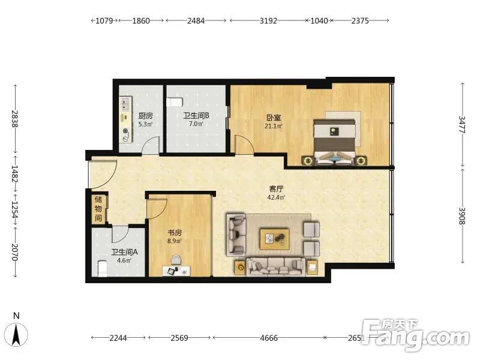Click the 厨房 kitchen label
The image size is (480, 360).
point(145,116)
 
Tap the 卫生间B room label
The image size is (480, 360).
point(196,115)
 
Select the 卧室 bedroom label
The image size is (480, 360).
point(274,118)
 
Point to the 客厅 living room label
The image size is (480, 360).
point(276,189)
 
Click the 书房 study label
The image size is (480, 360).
point(175,233)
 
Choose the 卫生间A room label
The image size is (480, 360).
point(124,252)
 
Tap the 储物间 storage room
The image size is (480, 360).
point(99,209)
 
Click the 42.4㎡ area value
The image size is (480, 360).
point(276,197)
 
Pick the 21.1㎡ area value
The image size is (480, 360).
point(274,126)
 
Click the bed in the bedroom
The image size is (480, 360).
point(335,142)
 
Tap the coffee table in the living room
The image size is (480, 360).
point(275,238)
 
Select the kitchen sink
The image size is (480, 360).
point(125,104)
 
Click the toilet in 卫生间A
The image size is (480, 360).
point(103,268)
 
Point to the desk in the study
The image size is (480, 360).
point(176,271)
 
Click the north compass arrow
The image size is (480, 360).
point(16,334)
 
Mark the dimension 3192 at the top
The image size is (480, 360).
point(268,21)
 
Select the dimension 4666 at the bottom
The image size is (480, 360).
point(269,338)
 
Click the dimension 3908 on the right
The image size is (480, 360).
point(462,216)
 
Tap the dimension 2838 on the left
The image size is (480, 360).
point(14,119)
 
